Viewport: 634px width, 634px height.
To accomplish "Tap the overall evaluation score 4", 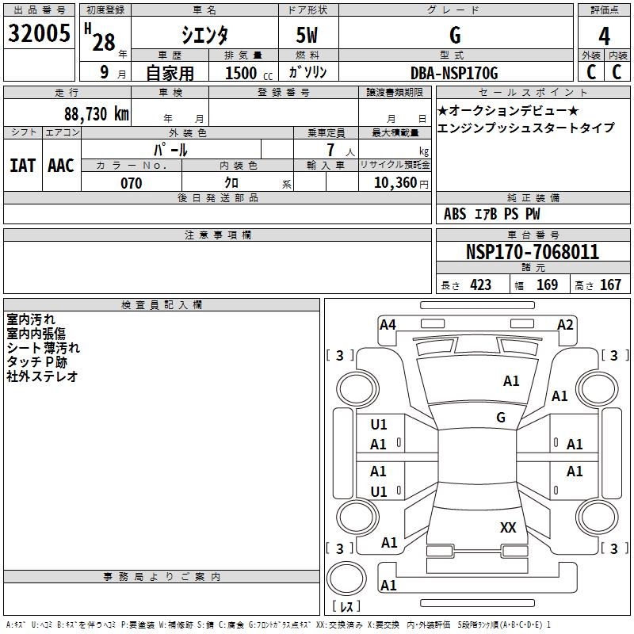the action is [605, 36].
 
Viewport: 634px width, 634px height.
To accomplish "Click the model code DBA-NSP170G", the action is [454, 73].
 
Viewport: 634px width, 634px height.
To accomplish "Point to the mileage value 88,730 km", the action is [96, 114].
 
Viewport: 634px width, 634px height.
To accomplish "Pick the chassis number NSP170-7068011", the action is [532, 252].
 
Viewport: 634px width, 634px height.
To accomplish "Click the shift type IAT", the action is [22, 166].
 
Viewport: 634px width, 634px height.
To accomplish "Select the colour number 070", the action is [131, 183].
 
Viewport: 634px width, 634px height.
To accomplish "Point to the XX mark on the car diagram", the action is [508, 527].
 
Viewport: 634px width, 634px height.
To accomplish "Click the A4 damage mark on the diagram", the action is [388, 324].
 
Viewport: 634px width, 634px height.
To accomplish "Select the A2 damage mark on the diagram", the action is [565, 324].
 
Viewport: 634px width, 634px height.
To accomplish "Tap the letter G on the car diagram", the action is [501, 417].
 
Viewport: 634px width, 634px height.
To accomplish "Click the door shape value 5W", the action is [307, 36].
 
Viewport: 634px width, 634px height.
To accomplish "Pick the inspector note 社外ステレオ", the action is [42, 376].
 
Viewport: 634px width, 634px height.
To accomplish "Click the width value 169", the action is [547, 285].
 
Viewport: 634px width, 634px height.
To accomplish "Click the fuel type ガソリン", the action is [307, 73].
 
